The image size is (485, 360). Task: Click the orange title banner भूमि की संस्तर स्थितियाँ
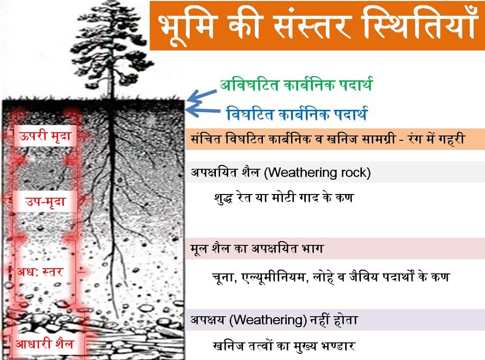[x=318, y=26]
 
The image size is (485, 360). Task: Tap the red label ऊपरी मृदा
[x=45, y=136]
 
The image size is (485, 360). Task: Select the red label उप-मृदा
[x=45, y=201]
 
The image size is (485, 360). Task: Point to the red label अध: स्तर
[x=40, y=272]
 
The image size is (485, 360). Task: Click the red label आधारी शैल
[x=45, y=344]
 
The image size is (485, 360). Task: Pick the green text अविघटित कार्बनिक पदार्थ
[x=296, y=85]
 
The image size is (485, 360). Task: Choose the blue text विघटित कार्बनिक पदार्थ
[x=297, y=113]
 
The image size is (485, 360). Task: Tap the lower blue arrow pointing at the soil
[x=202, y=109]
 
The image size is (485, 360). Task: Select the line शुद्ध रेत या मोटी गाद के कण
[x=284, y=197]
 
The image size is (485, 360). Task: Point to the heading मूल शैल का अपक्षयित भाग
[x=257, y=248]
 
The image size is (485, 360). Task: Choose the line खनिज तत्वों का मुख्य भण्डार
[x=284, y=346]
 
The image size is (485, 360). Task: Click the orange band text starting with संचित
[x=328, y=139]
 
